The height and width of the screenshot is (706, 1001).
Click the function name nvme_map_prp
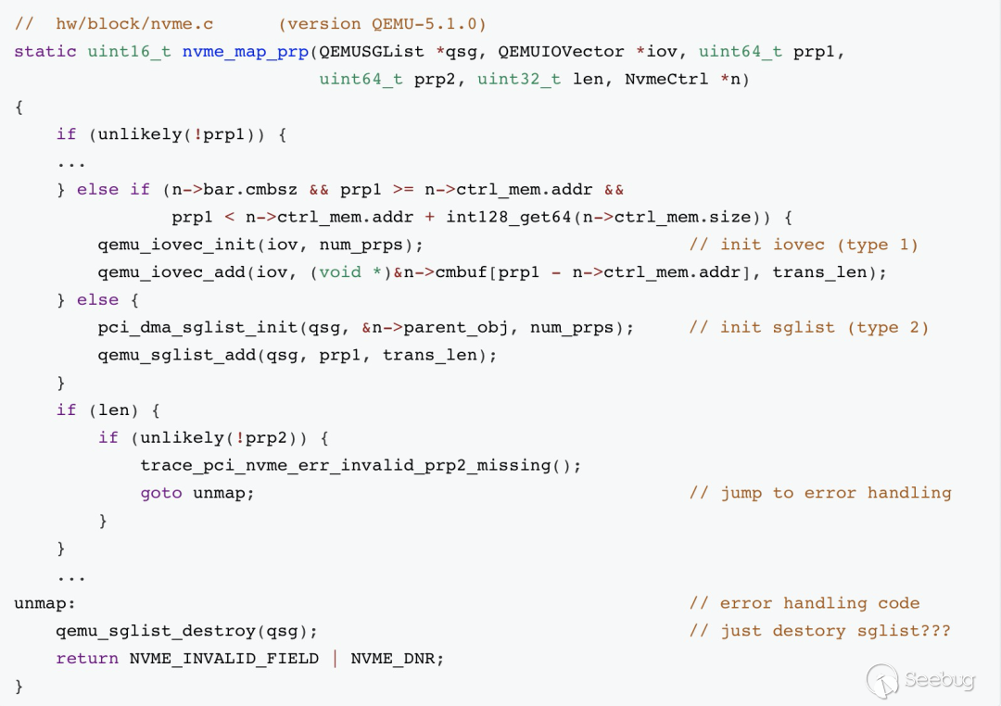tap(245, 52)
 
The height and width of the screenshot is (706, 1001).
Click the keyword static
tap(44, 52)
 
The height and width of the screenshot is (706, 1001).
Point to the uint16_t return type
tap(129, 52)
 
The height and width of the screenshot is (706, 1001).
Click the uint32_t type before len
tap(519, 80)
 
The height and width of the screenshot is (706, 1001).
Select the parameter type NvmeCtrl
tap(667, 80)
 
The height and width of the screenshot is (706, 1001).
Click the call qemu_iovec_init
tap(176, 245)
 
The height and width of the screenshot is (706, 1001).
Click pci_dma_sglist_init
tap(192, 327)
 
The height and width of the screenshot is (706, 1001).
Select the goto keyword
tap(160, 493)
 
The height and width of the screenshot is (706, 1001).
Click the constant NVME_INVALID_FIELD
tap(223, 659)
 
